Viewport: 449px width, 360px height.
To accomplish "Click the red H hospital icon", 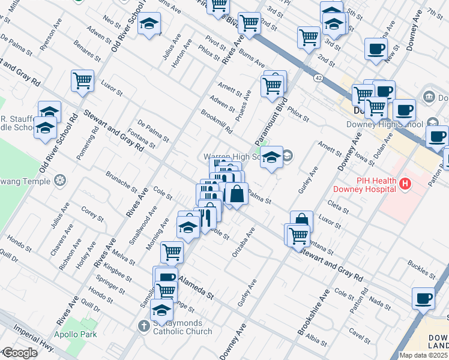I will tap(406, 183).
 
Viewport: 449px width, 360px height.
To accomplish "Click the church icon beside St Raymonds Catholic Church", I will tap(143, 326).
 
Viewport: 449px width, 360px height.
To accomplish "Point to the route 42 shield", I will tap(318, 77).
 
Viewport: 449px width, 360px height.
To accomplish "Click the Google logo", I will tap(19, 353).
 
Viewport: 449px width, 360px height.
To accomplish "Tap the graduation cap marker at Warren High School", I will tap(272, 157).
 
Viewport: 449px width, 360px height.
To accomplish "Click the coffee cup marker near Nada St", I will tap(424, 298).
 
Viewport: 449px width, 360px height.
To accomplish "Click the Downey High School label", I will tap(384, 125).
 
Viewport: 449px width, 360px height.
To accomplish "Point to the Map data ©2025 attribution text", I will tap(423, 355).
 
